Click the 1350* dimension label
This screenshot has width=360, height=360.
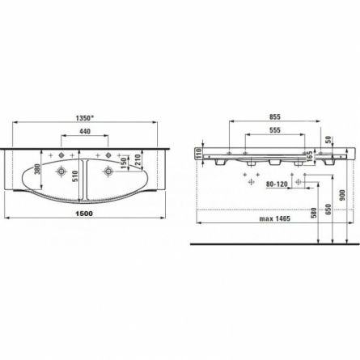(84, 118)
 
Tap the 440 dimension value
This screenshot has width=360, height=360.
(85, 131)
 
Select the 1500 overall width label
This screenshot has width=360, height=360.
(84, 214)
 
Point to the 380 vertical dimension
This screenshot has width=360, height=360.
(38, 169)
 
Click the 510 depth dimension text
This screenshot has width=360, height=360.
(75, 176)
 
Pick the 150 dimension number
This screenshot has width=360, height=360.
(123, 163)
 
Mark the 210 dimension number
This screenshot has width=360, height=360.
(138, 159)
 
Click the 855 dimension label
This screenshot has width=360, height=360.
(275, 116)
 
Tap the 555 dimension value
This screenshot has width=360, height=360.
(275, 130)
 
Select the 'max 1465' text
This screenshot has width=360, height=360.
(275, 218)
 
